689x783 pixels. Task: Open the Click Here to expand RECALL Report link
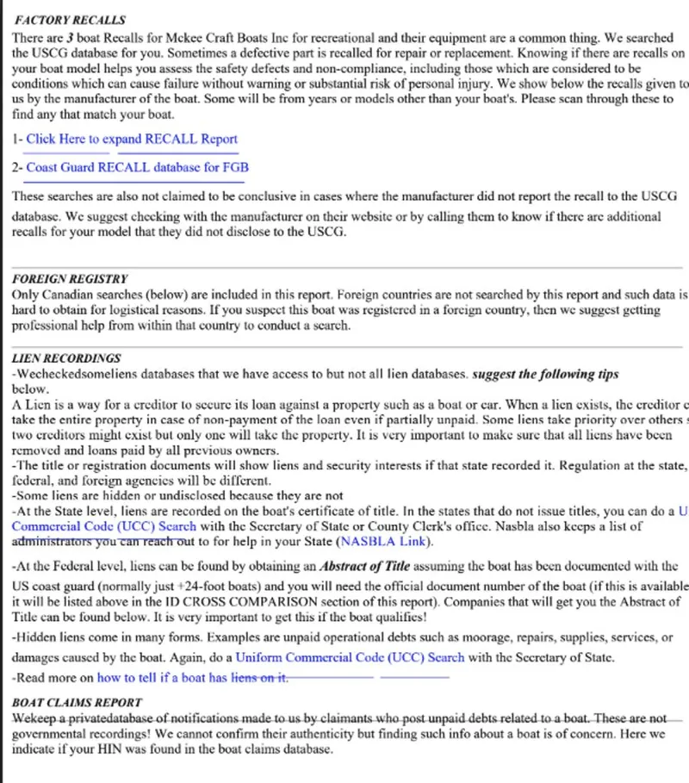[x=132, y=139]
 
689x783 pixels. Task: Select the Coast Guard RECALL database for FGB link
[x=137, y=167]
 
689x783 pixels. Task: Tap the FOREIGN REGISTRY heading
[x=70, y=279]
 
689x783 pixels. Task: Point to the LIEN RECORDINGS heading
[x=66, y=358]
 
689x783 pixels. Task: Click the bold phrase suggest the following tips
[x=546, y=374]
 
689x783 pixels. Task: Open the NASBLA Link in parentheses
[x=385, y=542]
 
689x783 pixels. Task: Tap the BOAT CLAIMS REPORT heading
[x=77, y=702]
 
